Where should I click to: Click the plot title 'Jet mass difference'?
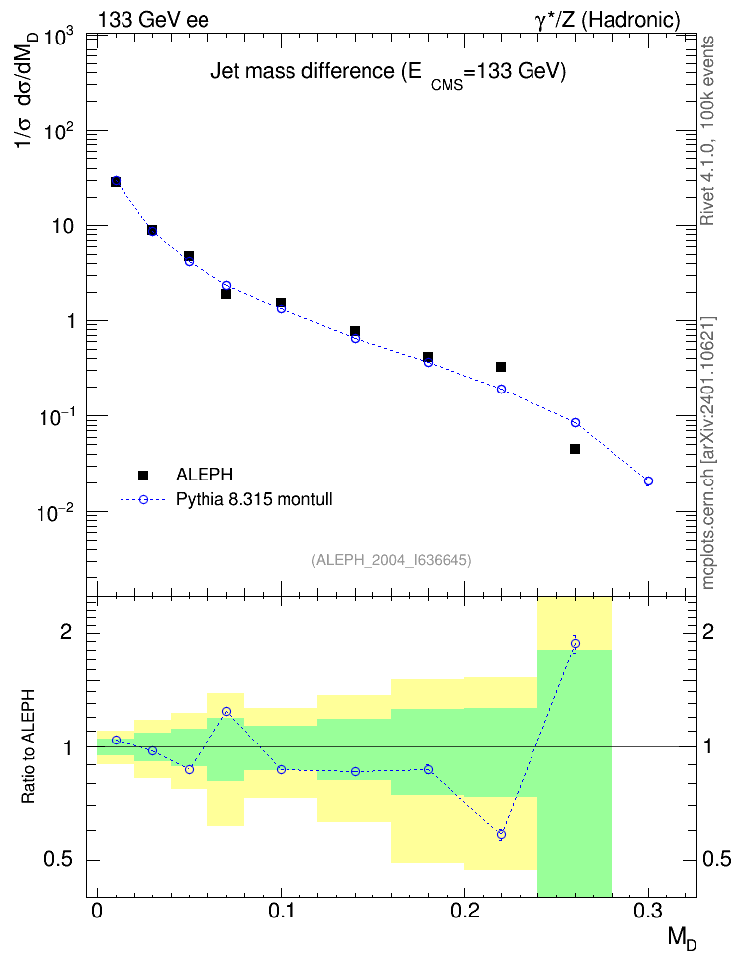(302, 72)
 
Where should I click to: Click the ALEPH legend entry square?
(143, 475)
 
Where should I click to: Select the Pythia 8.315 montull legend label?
(254, 499)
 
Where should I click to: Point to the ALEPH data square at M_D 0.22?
(501, 367)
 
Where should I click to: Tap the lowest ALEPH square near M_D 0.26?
(575, 449)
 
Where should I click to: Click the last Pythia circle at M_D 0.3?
(648, 481)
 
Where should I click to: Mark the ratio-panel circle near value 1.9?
(575, 643)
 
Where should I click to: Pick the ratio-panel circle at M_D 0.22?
(501, 834)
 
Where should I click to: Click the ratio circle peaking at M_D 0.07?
(226, 712)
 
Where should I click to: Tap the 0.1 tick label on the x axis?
(282, 912)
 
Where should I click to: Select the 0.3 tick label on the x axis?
(648, 912)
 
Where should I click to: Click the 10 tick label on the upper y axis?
(63, 226)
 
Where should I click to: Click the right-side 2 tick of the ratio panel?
(708, 631)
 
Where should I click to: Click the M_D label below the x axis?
(682, 939)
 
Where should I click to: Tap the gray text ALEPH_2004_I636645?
(391, 560)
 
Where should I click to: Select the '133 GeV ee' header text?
(153, 20)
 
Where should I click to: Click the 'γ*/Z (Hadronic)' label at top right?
(608, 20)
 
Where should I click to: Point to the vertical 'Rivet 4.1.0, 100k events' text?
(707, 131)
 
